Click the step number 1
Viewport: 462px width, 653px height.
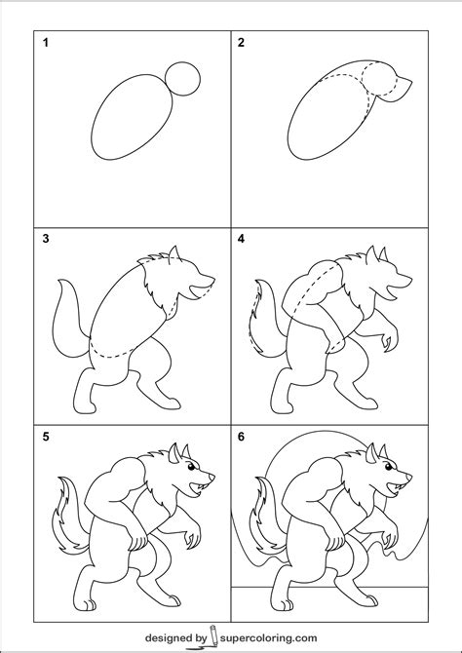coord(44,43)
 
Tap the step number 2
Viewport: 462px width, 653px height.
coord(240,43)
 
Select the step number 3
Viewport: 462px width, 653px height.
coord(44,238)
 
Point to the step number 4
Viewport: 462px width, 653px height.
coord(240,238)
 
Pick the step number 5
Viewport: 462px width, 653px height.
coord(44,436)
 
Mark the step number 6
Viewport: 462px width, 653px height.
coord(240,436)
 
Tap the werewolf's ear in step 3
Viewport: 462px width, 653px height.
coord(173,256)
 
